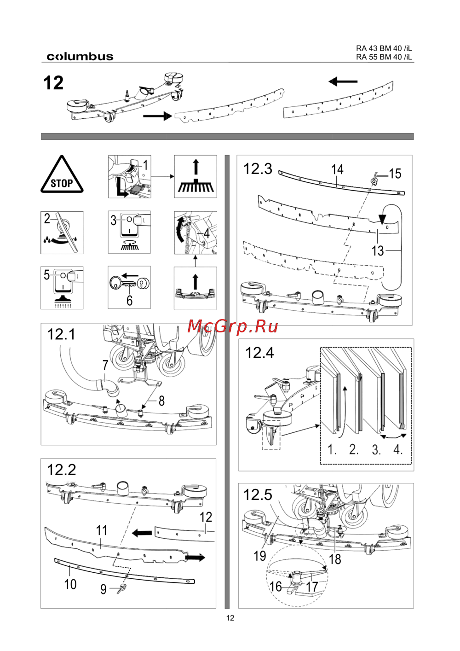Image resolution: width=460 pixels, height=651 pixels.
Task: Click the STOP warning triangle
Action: (62, 176)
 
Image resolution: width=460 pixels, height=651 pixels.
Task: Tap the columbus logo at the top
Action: (80, 57)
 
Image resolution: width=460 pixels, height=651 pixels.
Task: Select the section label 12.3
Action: (258, 169)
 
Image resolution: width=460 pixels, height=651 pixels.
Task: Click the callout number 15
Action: (395, 174)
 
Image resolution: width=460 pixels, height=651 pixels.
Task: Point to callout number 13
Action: (378, 251)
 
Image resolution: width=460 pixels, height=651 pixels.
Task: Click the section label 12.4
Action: (259, 353)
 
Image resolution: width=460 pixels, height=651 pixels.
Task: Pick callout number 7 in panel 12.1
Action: (105, 365)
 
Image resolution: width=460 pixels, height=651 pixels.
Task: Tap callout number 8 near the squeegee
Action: (161, 401)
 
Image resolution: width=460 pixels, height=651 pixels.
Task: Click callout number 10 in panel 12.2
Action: (70, 584)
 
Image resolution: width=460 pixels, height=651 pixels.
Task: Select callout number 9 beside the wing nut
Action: (103, 589)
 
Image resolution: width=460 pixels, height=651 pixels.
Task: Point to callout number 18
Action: (335, 559)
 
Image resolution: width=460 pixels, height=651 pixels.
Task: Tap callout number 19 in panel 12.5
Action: (260, 556)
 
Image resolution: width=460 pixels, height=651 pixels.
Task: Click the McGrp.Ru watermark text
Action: (233, 326)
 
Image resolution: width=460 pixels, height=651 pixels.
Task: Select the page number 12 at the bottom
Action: (230, 618)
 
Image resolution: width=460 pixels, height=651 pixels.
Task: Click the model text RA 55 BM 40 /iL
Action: (384, 57)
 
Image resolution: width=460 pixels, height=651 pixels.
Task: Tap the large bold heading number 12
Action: (53, 83)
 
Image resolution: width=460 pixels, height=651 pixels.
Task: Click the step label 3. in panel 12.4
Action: (376, 449)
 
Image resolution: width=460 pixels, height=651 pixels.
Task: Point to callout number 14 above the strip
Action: (337, 169)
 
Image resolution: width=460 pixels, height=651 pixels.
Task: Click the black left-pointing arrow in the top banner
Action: (343, 82)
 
